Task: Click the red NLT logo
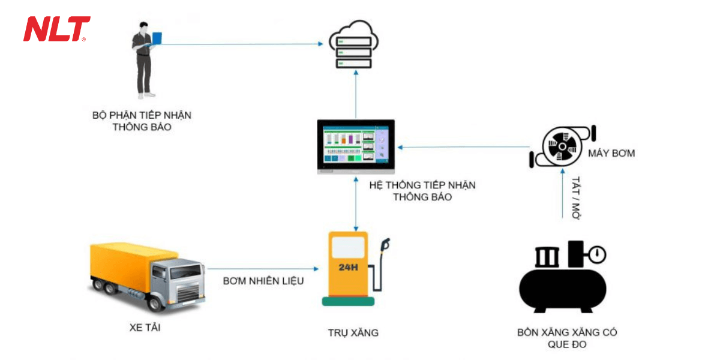pos(56,29)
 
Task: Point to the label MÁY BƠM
pos(611,154)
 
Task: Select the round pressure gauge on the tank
pos(597,255)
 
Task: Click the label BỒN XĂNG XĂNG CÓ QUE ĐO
pos(567,338)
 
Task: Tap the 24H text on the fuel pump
pos(348,267)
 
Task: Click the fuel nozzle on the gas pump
pos(385,245)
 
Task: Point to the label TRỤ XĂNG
pos(353,332)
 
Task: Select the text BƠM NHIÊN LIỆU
pos(263,281)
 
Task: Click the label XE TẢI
pos(145,328)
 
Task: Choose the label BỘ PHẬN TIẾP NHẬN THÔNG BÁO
pos(142,121)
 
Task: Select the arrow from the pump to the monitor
pos(465,147)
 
